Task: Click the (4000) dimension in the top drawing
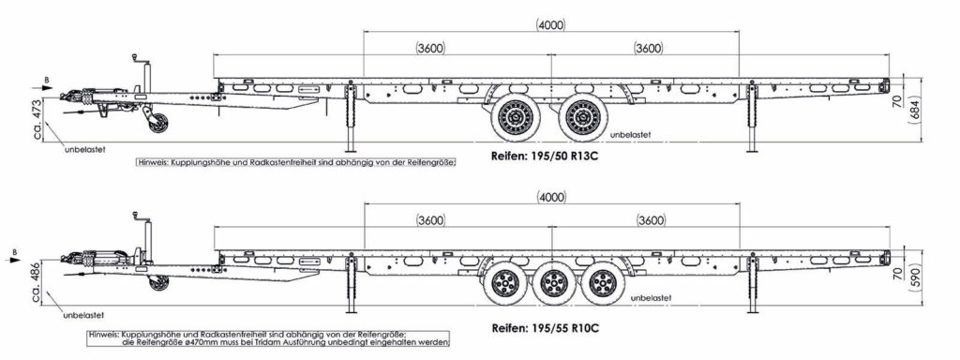pyautogui.click(x=550, y=24)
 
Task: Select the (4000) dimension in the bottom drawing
pyautogui.click(x=551, y=197)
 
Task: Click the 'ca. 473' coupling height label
pyautogui.click(x=37, y=119)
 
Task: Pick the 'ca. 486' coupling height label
pyautogui.click(x=37, y=284)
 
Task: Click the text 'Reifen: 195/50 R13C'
pyautogui.click(x=545, y=156)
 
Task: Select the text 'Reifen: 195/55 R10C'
pyautogui.click(x=545, y=327)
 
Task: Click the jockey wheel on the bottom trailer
pyautogui.click(x=159, y=282)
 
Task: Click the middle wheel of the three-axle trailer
pyautogui.click(x=552, y=283)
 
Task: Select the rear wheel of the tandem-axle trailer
pyautogui.click(x=582, y=115)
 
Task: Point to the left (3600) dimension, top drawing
pyautogui.click(x=429, y=49)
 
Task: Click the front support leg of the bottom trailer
pyautogui.click(x=351, y=284)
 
